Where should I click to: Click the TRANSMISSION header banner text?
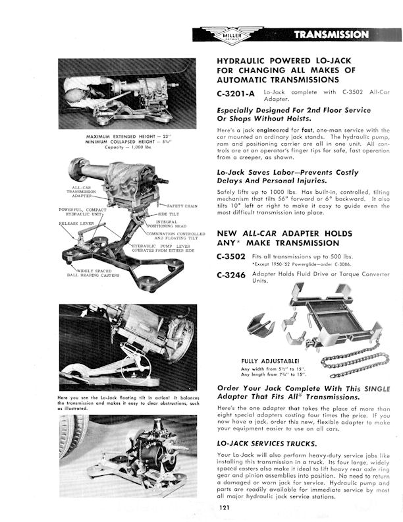pos(331,34)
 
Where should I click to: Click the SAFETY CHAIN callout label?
pos(182,206)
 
